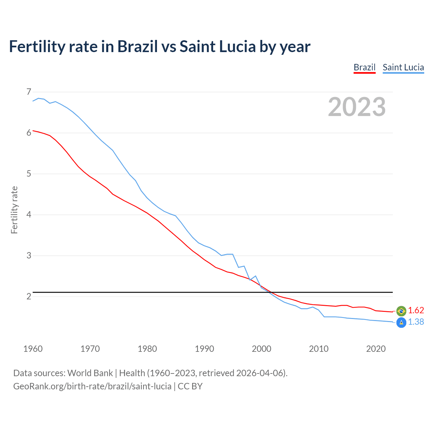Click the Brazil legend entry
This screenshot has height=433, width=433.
pyautogui.click(x=364, y=67)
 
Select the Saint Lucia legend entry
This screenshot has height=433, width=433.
pyautogui.click(x=403, y=67)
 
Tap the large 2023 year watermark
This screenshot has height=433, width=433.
pyautogui.click(x=357, y=107)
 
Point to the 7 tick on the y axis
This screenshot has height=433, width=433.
pyautogui.click(x=28, y=92)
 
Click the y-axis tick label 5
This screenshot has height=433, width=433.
pyautogui.click(x=28, y=174)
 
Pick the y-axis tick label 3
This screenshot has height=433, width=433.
pyautogui.click(x=28, y=255)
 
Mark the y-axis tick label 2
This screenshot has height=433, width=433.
pyautogui.click(x=28, y=296)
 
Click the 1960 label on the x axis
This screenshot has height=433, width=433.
pyautogui.click(x=33, y=349)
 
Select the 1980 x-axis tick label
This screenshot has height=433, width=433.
pyautogui.click(x=147, y=349)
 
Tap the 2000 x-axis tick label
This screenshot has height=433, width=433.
pyautogui.click(x=261, y=349)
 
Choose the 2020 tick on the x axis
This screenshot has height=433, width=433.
pyautogui.click(x=376, y=349)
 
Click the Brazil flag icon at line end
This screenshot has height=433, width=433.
pyautogui.click(x=401, y=311)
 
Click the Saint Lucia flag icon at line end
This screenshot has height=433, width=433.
pyautogui.click(x=401, y=323)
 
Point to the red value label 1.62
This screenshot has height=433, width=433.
pyautogui.click(x=416, y=310)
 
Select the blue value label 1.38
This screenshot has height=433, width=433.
pyautogui.click(x=416, y=322)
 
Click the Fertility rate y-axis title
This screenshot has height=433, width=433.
pyautogui.click(x=14, y=210)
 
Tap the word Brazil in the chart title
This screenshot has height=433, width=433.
pyautogui.click(x=137, y=47)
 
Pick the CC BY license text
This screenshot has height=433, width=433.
pyautogui.click(x=190, y=386)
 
